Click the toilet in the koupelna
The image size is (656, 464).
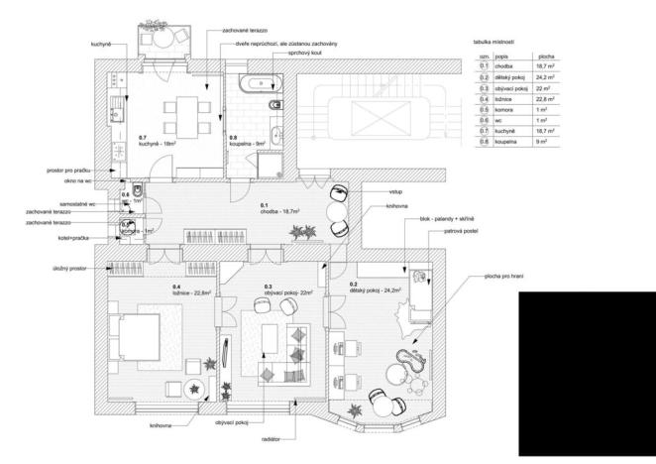(x=277, y=104)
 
